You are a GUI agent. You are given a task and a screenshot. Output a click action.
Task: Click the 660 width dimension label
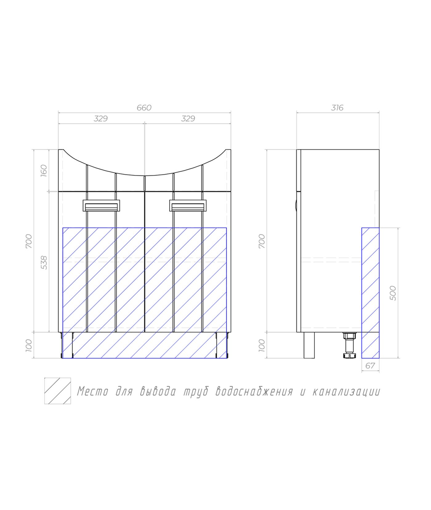tap(144, 108)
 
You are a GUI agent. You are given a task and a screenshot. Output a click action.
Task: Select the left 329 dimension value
tap(101, 119)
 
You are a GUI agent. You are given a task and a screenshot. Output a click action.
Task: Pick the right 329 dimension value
tap(188, 119)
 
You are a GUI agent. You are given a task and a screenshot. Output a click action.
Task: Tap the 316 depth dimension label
tap(337, 108)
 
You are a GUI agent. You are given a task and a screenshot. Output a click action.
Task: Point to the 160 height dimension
tap(44, 170)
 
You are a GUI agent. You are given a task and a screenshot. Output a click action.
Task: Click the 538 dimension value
tap(44, 263)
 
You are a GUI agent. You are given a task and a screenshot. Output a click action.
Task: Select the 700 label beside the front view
tap(28, 241)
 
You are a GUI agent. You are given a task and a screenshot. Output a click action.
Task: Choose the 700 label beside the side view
tap(262, 241)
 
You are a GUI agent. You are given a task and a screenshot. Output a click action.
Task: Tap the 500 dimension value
tap(393, 293)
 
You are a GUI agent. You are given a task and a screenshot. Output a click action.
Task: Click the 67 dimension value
tap(370, 366)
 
